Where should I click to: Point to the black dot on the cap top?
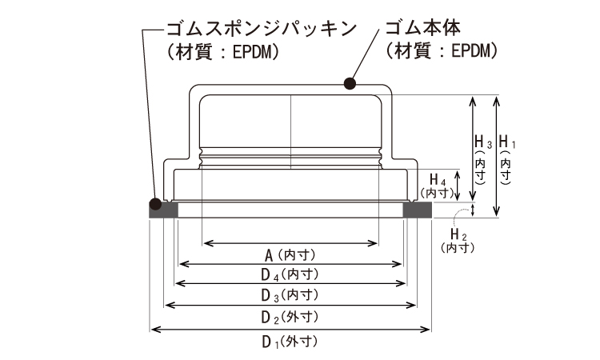(349, 82)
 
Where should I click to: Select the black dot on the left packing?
(154, 202)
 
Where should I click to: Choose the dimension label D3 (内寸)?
(291, 294)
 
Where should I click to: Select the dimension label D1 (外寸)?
(291, 342)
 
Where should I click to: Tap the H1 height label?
(506, 152)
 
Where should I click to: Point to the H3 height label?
(482, 152)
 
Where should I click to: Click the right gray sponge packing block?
(417, 210)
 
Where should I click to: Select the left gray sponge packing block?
(163, 210)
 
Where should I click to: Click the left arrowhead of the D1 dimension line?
(153, 329)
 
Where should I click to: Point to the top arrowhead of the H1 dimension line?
(498, 99)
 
